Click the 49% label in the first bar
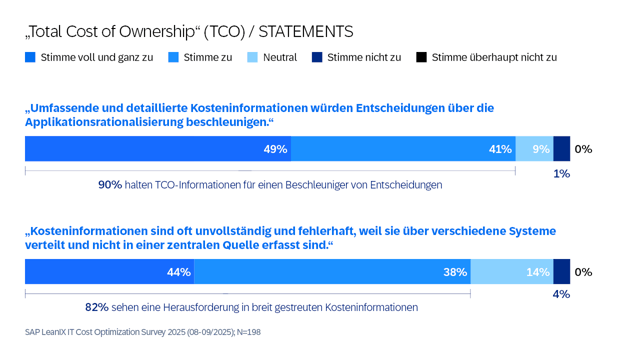click(x=276, y=149)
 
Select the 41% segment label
click(x=501, y=149)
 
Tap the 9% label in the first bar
click(x=541, y=149)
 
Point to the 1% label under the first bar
click(x=561, y=174)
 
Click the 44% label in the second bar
click(x=179, y=272)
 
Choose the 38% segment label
click(x=456, y=272)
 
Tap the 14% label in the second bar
click(x=538, y=272)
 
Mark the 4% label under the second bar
click(x=561, y=295)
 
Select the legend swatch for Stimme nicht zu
click(x=317, y=57)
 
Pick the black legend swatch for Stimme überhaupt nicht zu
click(x=420, y=57)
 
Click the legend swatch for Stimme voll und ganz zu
click(x=30, y=57)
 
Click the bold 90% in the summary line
click(x=109, y=185)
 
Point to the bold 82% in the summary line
click(x=97, y=308)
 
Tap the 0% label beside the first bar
click(x=584, y=149)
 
